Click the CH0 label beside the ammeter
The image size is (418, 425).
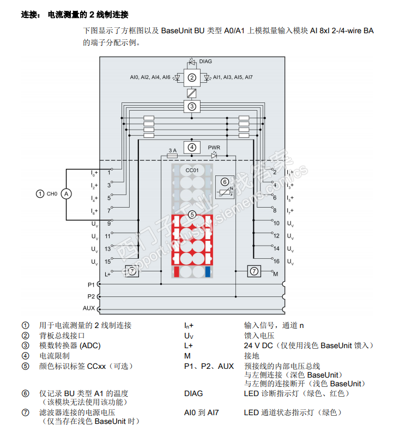tap(51, 194)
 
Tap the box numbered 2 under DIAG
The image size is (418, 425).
tap(191, 78)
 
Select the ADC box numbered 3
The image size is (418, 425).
tap(191, 106)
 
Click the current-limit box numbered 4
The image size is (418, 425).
tap(191, 146)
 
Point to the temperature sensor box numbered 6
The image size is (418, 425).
tap(225, 187)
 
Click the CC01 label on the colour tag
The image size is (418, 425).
tap(191, 171)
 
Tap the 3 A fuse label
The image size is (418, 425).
tap(173, 150)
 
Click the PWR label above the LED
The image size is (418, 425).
tap(214, 148)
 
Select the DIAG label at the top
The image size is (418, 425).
tap(205, 61)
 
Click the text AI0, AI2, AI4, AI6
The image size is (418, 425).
tap(150, 78)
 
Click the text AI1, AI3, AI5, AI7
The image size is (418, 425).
tap(233, 78)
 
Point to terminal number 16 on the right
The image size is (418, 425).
tap(276, 262)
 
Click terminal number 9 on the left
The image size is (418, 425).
tap(109, 223)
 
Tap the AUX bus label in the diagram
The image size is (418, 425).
tap(89, 308)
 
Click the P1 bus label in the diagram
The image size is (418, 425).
tap(91, 284)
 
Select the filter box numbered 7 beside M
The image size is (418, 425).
tap(254, 271)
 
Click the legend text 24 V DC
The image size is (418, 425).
tap(258, 346)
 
